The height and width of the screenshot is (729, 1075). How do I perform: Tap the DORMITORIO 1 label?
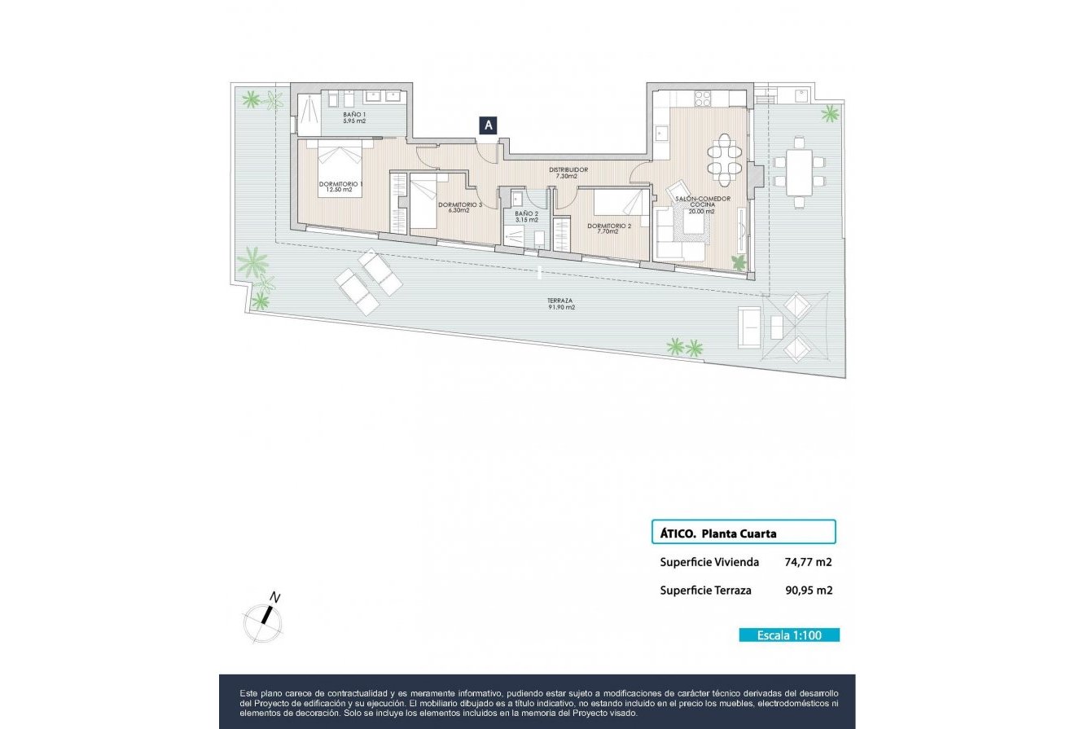pyautogui.click(x=340, y=187)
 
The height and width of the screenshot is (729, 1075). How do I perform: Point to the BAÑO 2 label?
pyautogui.click(x=526, y=216)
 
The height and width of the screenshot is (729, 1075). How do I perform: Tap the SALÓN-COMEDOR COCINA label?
pyautogui.click(x=700, y=204)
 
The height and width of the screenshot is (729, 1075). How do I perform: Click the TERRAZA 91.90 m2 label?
pyautogui.click(x=561, y=304)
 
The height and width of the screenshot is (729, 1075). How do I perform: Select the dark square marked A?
pyautogui.click(x=488, y=125)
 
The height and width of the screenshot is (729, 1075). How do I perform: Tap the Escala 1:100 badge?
pyautogui.click(x=788, y=635)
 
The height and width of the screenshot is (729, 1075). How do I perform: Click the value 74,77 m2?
pyautogui.click(x=808, y=562)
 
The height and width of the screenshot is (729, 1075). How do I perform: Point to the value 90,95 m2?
pyautogui.click(x=808, y=591)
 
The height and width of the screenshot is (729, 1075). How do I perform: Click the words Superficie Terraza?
pyautogui.click(x=705, y=591)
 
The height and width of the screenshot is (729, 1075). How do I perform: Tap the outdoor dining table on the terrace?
pyautogui.click(x=799, y=172)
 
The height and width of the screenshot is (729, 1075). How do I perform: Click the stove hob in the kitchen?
pyautogui.click(x=702, y=99)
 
